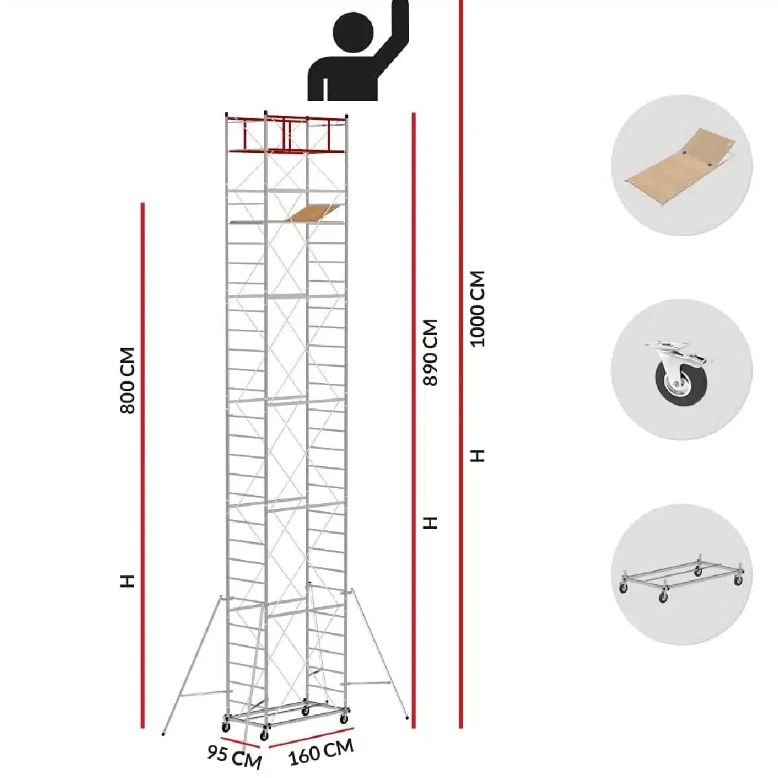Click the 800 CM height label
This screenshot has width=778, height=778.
tap(128, 381)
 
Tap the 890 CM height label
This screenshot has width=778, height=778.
tap(431, 352)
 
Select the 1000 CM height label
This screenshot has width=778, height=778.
tap(478, 309)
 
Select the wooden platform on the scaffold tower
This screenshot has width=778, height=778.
tap(315, 213)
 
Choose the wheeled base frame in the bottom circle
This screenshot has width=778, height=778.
tap(681, 577)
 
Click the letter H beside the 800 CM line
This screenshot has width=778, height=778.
tap(128, 580)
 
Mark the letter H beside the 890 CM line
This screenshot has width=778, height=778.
tap(431, 523)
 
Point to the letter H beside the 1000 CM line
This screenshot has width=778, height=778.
tap(478, 456)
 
